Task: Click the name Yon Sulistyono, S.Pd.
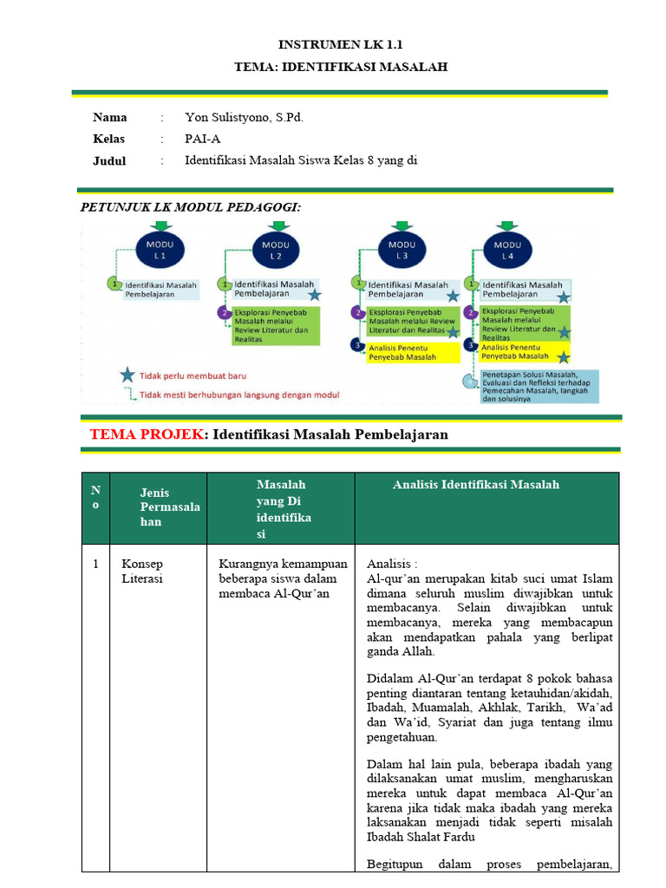(245, 118)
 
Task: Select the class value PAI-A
(204, 139)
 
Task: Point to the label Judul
(109, 160)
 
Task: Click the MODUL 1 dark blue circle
(160, 250)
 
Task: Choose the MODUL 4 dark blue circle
(507, 250)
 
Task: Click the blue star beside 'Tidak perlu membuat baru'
(127, 375)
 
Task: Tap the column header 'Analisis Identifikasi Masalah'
(476, 485)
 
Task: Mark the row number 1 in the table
(95, 564)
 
